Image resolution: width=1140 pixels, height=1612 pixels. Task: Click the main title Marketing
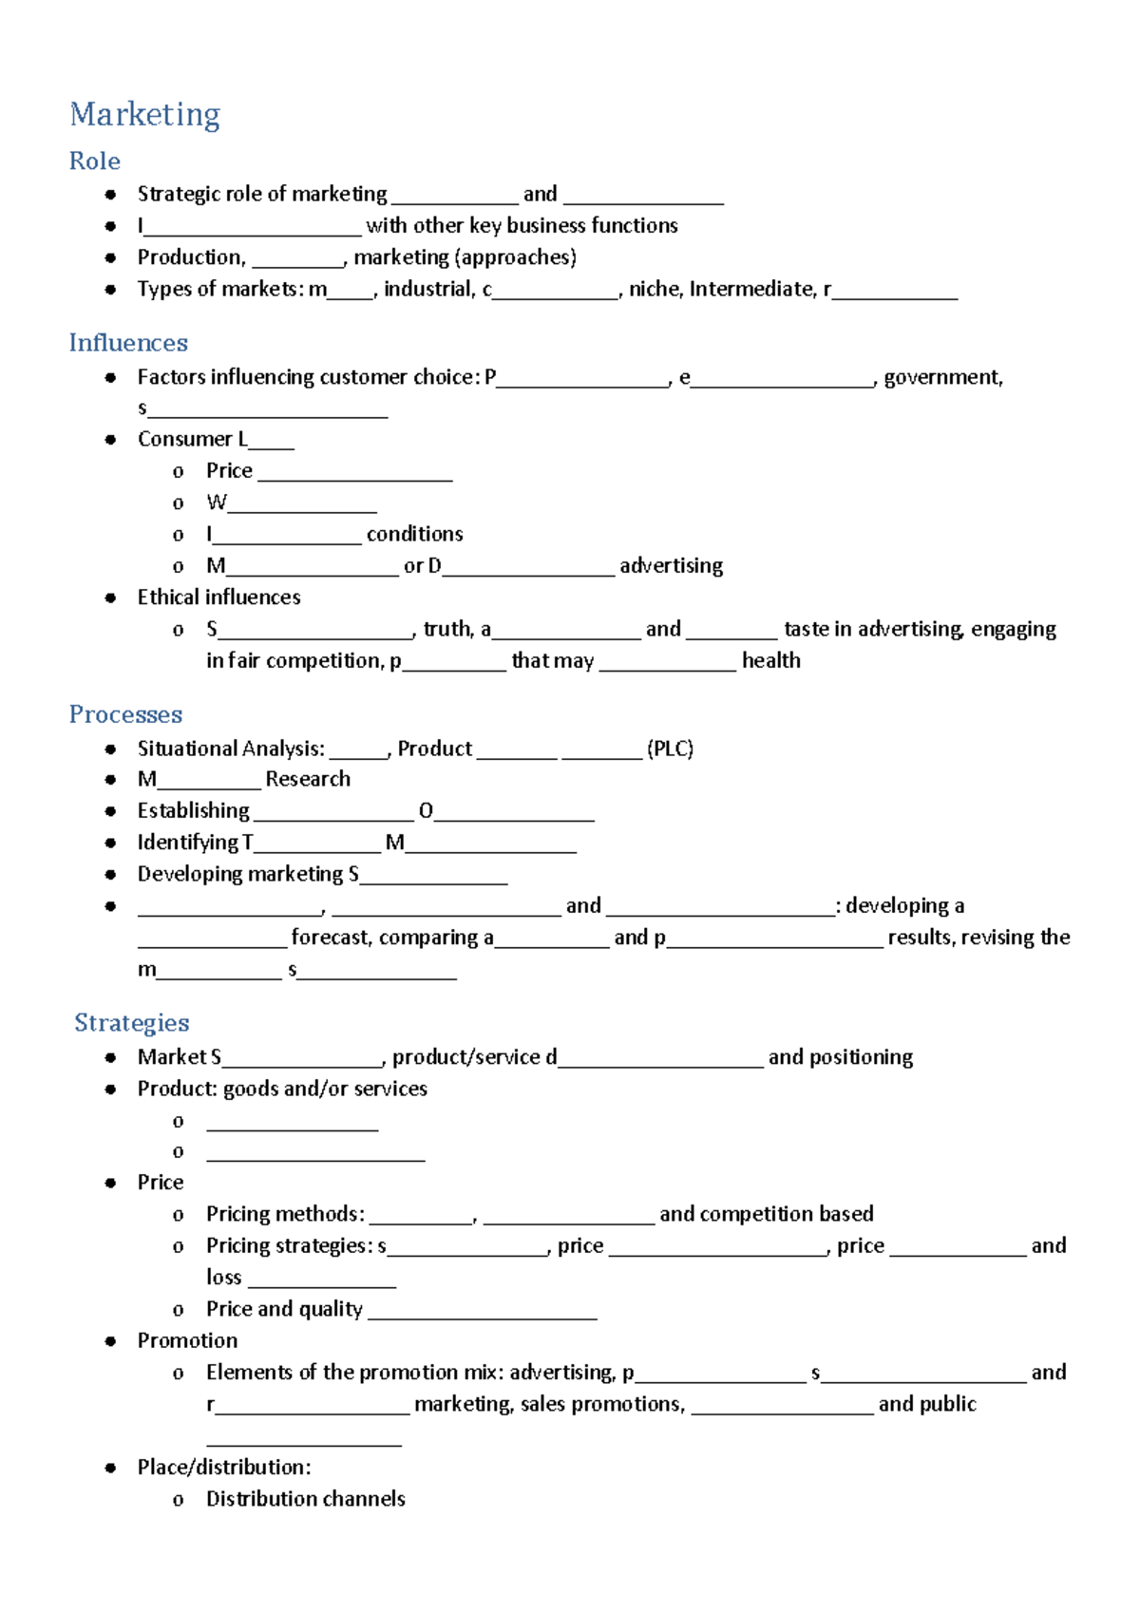coord(144,115)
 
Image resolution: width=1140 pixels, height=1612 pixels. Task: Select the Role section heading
coord(94,161)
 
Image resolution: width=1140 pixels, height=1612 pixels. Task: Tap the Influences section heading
coord(128,342)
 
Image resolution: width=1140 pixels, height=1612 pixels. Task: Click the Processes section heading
coord(125,714)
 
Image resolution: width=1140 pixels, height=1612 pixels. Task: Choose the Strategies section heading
coord(132,1022)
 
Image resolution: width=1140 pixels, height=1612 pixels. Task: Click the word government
coord(942,377)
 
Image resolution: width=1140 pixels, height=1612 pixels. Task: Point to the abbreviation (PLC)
coord(670,749)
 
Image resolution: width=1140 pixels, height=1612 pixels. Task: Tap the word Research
coord(308,779)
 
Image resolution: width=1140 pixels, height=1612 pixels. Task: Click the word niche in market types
coord(655,289)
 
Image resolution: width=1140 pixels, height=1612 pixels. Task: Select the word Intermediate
coord(751,289)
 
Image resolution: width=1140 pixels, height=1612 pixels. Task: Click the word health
coord(770,660)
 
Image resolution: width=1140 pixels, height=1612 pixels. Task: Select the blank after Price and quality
coord(482,1315)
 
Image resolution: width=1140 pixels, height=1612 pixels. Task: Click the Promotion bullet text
coord(187,1340)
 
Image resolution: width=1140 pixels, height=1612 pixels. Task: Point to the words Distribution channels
coord(305,1499)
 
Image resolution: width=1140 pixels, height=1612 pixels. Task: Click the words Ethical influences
coord(218,597)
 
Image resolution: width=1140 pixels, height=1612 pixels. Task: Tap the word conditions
coord(414,534)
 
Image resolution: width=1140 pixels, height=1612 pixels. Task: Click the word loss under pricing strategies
coord(223,1278)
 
